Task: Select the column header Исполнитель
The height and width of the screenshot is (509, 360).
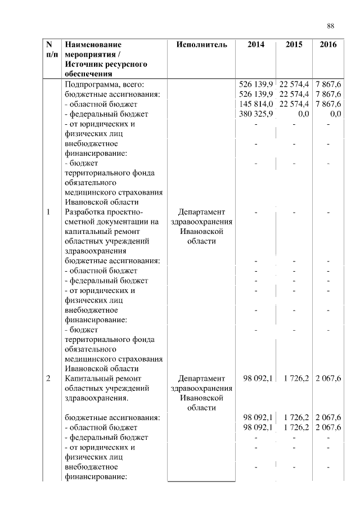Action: tap(201, 44)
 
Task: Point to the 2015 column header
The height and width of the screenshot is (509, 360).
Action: tap(294, 44)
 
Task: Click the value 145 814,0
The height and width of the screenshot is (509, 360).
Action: tap(256, 104)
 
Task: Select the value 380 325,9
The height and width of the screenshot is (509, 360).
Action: tap(256, 114)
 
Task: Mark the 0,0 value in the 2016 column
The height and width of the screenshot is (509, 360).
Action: tap(336, 114)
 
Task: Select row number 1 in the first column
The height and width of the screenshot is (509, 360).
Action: tap(48, 212)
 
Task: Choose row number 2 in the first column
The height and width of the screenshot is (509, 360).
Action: tap(48, 378)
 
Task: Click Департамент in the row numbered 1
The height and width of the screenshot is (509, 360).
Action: tap(201, 212)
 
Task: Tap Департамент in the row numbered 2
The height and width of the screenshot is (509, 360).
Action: tap(201, 378)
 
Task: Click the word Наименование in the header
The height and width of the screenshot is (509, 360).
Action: tap(93, 44)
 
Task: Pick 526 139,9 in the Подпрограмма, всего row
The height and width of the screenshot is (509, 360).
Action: tap(256, 84)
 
